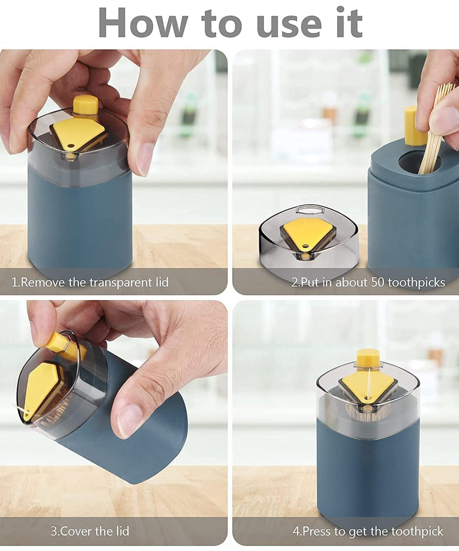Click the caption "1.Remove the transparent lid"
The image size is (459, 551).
[x=90, y=282]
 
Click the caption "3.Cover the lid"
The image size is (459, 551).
[x=90, y=531]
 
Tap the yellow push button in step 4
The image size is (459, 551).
[x=368, y=359]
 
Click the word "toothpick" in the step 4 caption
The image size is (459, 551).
[x=417, y=531]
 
